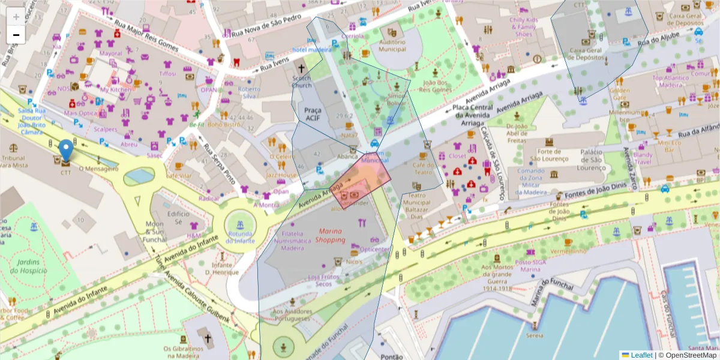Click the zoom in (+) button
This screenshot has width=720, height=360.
tap(16, 17)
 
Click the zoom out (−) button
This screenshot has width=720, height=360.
tap(16, 35)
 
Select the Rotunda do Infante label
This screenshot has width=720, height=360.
tap(240, 237)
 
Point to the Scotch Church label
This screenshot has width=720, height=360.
tap(301, 82)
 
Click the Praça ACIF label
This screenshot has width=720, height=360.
tap(313, 114)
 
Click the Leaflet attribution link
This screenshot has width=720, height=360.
tap(637, 355)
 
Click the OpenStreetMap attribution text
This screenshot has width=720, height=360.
tap(687, 355)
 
